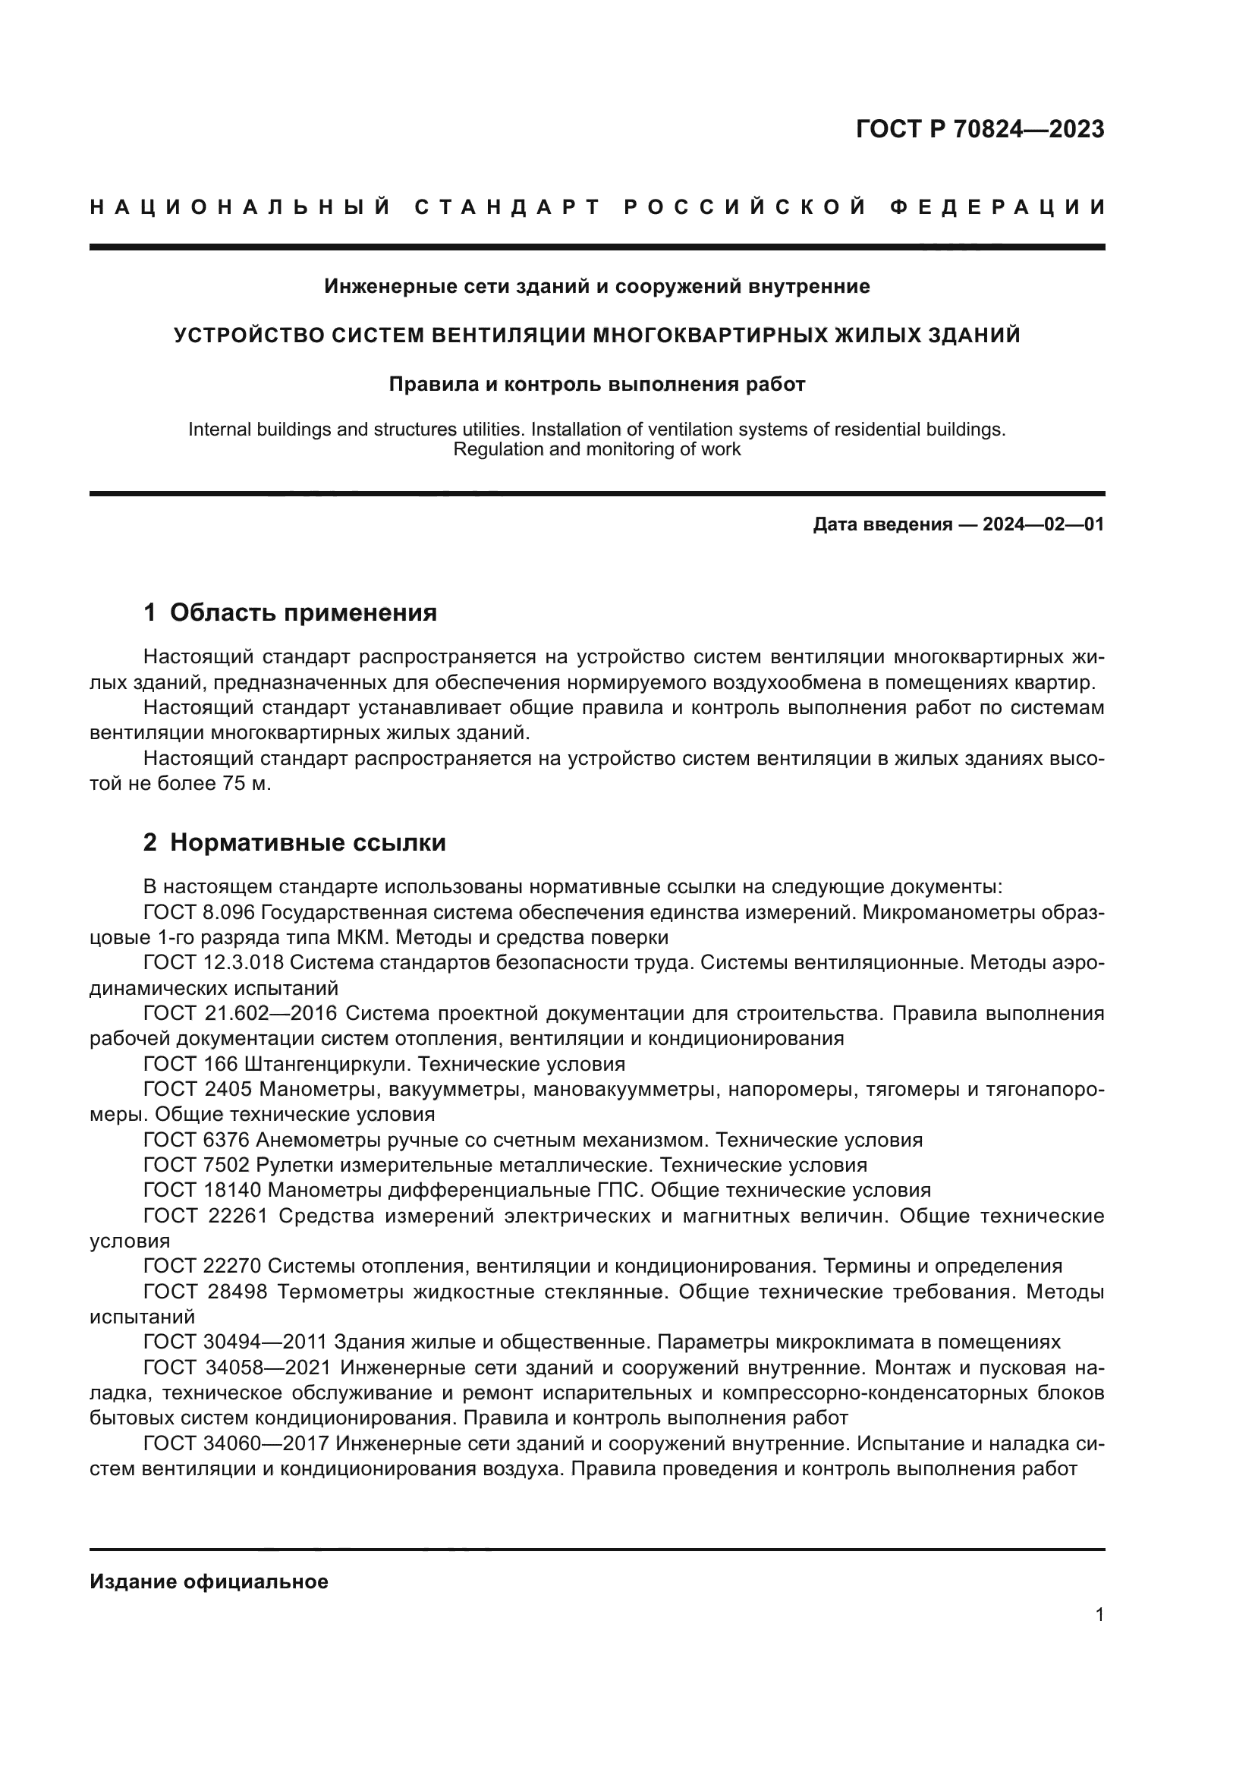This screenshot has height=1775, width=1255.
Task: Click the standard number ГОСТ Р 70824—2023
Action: pyautogui.click(x=979, y=129)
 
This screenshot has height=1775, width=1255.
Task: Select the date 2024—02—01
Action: pyautogui.click(x=1043, y=525)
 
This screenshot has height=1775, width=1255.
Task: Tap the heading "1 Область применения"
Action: pyautogui.click(x=290, y=613)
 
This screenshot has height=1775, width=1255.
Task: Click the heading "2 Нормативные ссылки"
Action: pyautogui.click(x=294, y=842)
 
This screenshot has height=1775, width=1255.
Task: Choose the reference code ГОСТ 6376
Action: pyautogui.click(x=199, y=1141)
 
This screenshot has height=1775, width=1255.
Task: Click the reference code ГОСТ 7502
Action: pyautogui.click(x=199, y=1165)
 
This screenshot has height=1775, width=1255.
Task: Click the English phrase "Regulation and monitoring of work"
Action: pyautogui.click(x=596, y=449)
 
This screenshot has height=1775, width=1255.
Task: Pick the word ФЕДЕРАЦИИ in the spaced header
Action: pyautogui.click(x=997, y=208)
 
